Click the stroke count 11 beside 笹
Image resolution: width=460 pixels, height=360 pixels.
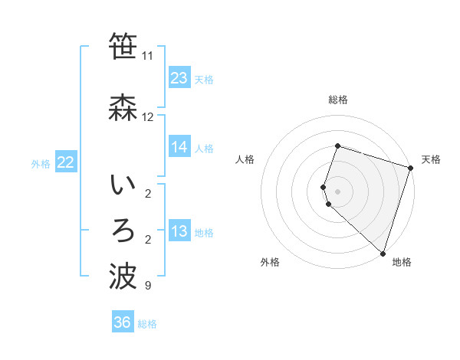(x=147, y=56)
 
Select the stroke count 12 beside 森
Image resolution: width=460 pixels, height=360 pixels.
(x=147, y=117)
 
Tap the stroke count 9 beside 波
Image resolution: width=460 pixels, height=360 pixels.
(x=147, y=286)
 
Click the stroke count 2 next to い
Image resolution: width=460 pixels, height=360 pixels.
(x=147, y=193)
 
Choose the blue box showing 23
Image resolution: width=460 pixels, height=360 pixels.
(x=179, y=78)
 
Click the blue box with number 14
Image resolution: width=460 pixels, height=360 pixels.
(x=179, y=147)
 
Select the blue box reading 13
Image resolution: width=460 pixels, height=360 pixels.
(x=179, y=232)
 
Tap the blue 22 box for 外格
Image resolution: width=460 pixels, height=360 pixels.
(x=65, y=162)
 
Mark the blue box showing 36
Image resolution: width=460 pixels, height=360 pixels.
(x=123, y=322)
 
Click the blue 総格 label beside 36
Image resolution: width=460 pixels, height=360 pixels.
(x=147, y=324)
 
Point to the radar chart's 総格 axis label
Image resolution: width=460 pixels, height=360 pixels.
(x=337, y=100)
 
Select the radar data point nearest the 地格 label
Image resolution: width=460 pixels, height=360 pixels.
(x=383, y=253)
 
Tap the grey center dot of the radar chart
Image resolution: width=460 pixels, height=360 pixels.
(x=337, y=191)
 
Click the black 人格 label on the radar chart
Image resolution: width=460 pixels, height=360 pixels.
(x=245, y=159)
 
